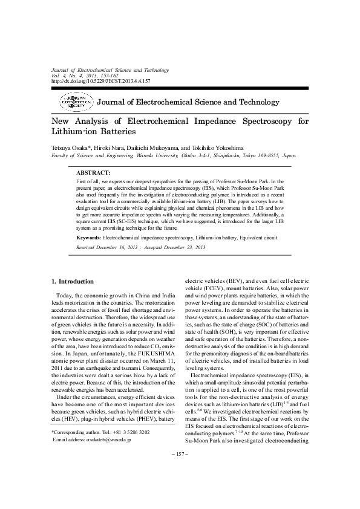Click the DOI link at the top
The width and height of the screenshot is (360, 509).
coord(100,80)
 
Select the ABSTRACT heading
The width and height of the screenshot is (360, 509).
coord(93,173)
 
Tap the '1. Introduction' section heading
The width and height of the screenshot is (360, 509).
coord(73,281)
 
